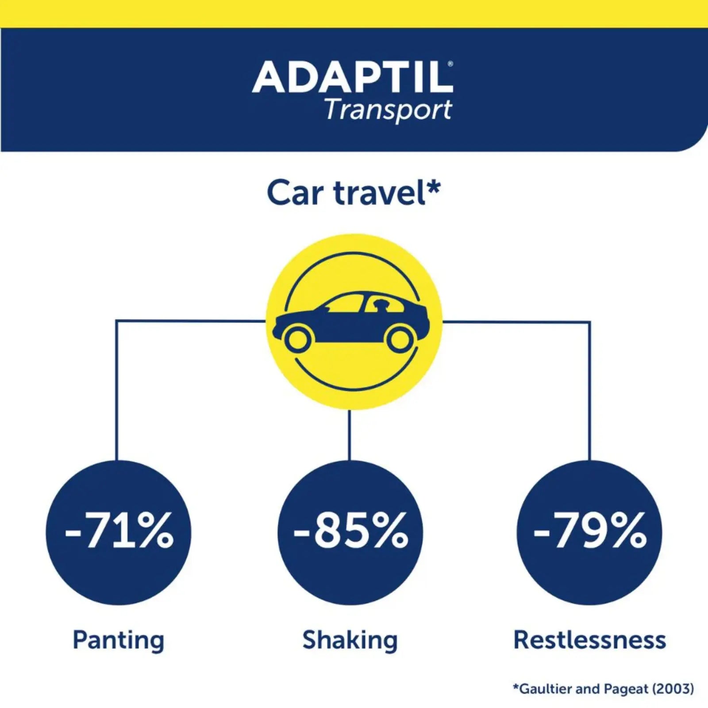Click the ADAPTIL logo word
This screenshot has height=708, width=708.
click(352, 78)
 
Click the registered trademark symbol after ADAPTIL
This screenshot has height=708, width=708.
click(450, 64)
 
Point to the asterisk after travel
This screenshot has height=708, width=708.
click(433, 187)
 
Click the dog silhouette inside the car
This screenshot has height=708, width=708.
click(381, 305)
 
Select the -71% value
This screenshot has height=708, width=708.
click(119, 531)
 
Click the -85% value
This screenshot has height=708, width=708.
click(350, 531)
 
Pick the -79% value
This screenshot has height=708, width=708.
click(589, 531)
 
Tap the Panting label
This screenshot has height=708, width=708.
click(118, 640)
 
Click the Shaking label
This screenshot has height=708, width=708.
click(350, 640)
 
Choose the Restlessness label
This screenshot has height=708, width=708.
click(589, 640)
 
